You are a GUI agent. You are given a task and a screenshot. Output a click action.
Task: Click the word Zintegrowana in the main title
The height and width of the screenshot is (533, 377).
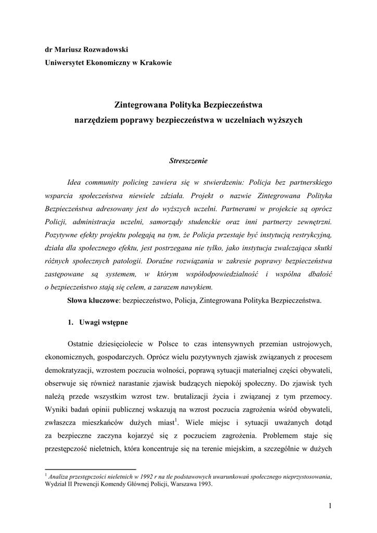(x=137, y=106)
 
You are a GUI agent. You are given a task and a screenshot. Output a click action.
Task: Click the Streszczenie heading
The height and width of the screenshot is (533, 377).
(x=188, y=161)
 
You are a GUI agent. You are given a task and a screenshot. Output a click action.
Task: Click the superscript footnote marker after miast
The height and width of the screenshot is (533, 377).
(x=177, y=420)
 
